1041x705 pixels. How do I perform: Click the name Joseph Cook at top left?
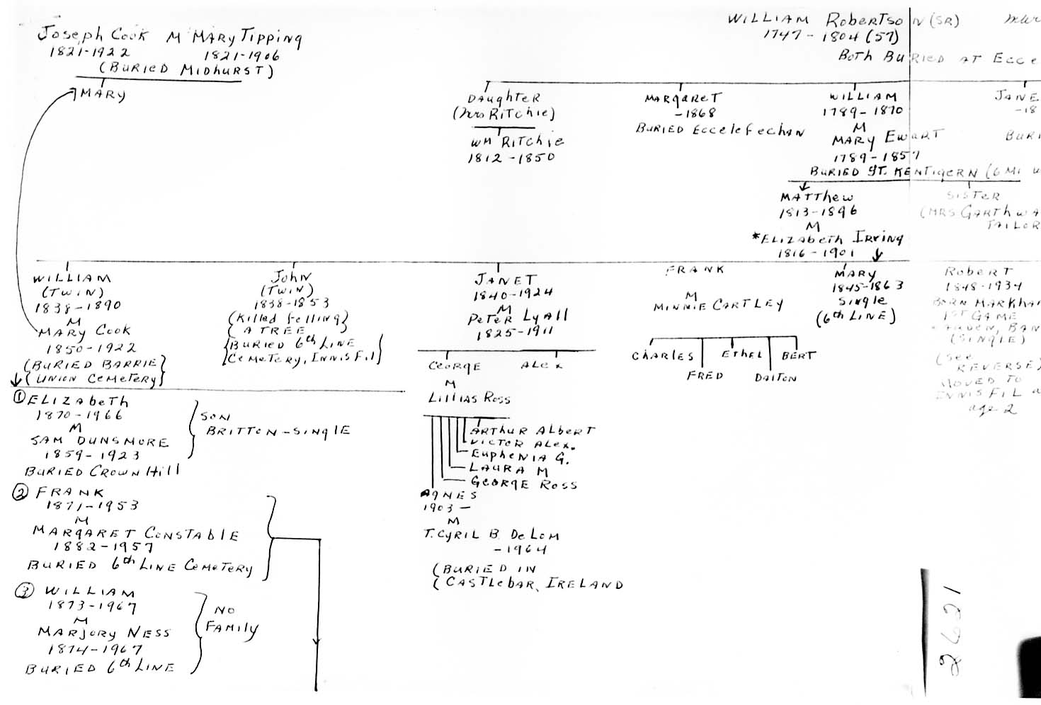coord(92,35)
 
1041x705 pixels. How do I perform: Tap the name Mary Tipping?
coord(244,38)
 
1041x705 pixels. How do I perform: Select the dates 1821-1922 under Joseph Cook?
coord(89,52)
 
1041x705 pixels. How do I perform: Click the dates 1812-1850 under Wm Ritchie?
coord(510,157)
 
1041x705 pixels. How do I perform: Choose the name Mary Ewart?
coord(887,137)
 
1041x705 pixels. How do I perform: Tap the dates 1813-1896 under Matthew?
coord(818,212)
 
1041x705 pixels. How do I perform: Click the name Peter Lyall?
coord(517,318)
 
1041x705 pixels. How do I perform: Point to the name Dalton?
coord(775,378)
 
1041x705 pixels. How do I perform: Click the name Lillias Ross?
coord(469,398)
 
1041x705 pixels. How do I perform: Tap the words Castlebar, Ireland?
coord(534,584)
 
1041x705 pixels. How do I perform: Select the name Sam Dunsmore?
coord(99,442)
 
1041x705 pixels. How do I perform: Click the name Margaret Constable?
coord(135,534)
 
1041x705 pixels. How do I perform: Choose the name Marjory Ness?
coord(104,632)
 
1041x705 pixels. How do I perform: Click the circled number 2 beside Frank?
coord(21,493)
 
